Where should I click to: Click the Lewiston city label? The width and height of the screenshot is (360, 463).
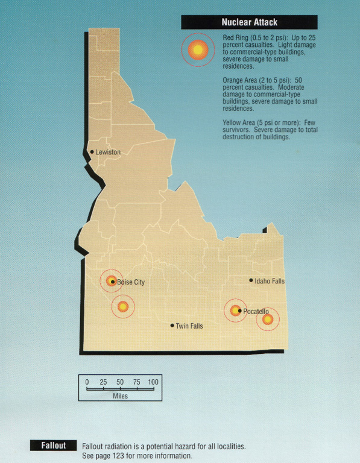coord(108,153)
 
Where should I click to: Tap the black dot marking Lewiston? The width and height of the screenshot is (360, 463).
coord(92,152)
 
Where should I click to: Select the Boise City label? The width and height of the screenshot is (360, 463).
coord(131,282)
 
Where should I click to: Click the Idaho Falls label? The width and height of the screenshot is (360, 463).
coord(270,281)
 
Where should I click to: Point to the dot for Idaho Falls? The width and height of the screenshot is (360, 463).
coord(251,280)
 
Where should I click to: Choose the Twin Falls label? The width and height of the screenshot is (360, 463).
coord(189,326)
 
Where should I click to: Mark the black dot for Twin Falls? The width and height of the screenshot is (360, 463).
coord(172,326)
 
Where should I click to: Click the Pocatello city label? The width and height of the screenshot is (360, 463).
coord(256,311)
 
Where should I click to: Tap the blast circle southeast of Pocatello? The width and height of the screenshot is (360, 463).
coord(268,319)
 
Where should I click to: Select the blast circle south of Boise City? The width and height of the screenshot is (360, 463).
coord(123,307)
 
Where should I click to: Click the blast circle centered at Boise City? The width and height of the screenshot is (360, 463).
coord(111,280)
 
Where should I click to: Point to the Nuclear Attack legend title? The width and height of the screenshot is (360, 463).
coord(249,22)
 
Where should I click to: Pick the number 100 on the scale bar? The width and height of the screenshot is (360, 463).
coord(153,382)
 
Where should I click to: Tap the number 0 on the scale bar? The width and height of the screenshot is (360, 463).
coord(87,382)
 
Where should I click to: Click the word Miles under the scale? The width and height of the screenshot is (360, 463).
coord(120,396)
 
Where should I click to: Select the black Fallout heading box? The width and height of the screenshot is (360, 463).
coord(53,446)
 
